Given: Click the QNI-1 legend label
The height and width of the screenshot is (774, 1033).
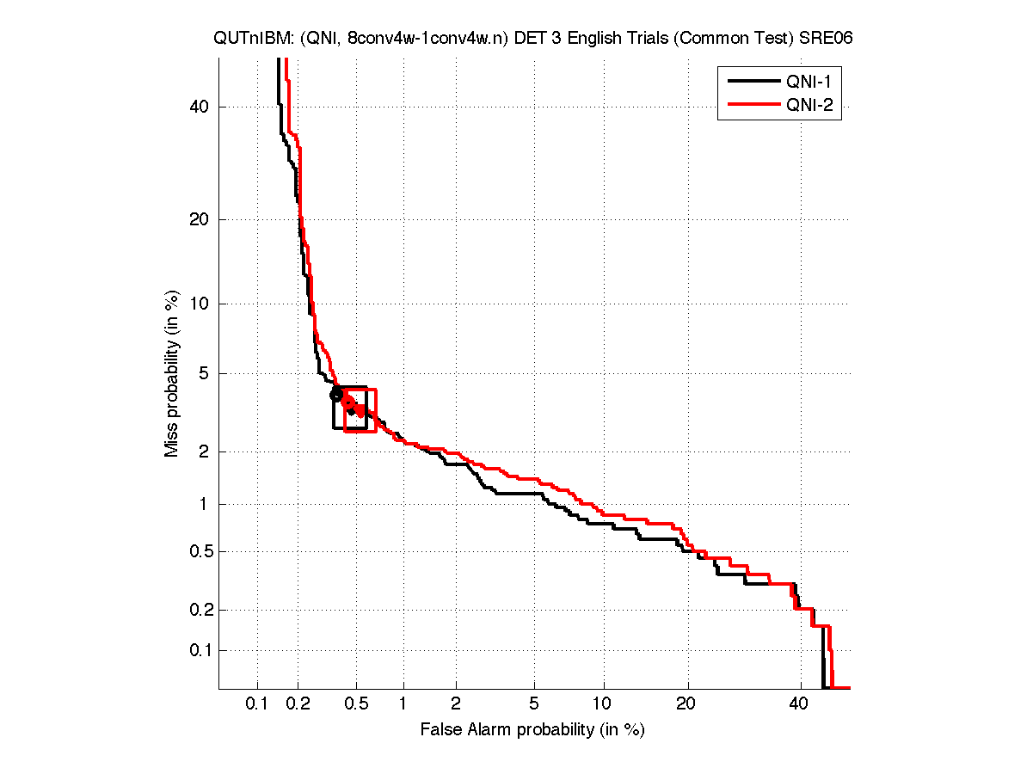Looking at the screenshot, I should pyautogui.click(x=807, y=82).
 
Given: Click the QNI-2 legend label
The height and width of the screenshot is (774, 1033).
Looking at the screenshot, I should pyautogui.click(x=807, y=106).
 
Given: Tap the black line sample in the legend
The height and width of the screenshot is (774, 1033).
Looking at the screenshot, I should pyautogui.click(x=751, y=82).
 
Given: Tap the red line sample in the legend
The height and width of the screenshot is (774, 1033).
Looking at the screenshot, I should pyautogui.click(x=751, y=106).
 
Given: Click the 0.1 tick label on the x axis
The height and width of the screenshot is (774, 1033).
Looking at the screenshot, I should pyautogui.click(x=257, y=705).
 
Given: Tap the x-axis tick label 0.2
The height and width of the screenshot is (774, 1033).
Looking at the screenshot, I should pyautogui.click(x=298, y=705).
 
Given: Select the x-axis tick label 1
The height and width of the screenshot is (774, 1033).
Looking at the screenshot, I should pyautogui.click(x=403, y=705).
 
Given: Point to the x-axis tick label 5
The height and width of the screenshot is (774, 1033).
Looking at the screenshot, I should pyautogui.click(x=534, y=705).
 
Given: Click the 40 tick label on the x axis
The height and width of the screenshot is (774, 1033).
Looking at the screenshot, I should pyautogui.click(x=799, y=705).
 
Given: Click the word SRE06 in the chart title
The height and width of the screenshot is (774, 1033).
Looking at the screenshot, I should pyautogui.click(x=829, y=39).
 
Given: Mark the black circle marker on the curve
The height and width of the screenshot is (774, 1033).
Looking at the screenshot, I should pyautogui.click(x=336, y=394).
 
